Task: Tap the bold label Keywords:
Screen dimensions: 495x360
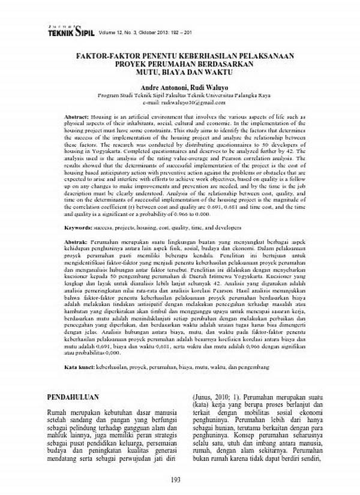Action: pos(78,228)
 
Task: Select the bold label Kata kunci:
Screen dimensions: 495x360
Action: pos(79,366)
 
